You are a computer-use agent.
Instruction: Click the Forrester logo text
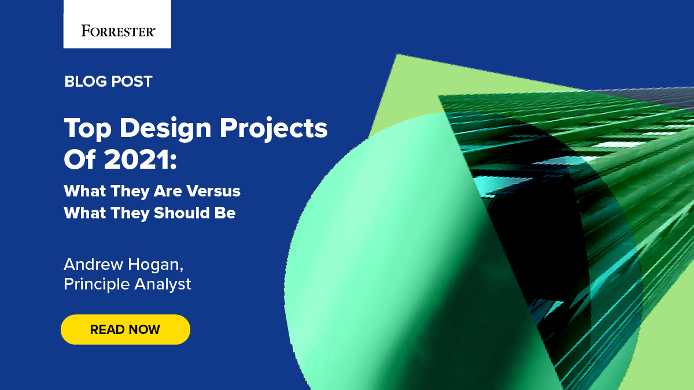(118, 31)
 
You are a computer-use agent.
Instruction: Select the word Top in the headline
(87, 128)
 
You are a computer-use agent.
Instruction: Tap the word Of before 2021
(79, 159)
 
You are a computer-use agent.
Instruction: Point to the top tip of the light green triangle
(397, 55)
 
